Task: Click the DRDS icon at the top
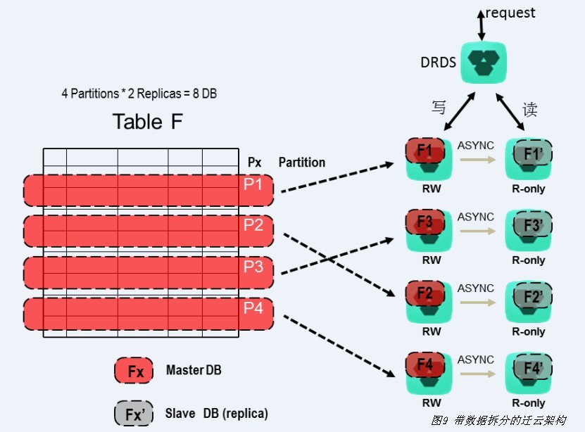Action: pyautogui.click(x=484, y=62)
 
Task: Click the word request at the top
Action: pyautogui.click(x=510, y=13)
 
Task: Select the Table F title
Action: pyautogui.click(x=148, y=122)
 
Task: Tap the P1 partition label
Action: pyautogui.click(x=253, y=184)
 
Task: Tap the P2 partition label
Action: pyautogui.click(x=253, y=225)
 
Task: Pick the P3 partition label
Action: pyautogui.click(x=253, y=267)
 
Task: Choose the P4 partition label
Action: pyautogui.click(x=253, y=307)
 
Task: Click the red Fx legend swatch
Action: pyautogui.click(x=134, y=371)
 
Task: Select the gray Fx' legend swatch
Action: pyautogui.click(x=134, y=414)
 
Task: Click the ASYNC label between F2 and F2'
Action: pyautogui.click(x=476, y=288)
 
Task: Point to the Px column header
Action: pyautogui.click(x=255, y=163)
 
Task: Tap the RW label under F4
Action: pyautogui.click(x=432, y=403)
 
